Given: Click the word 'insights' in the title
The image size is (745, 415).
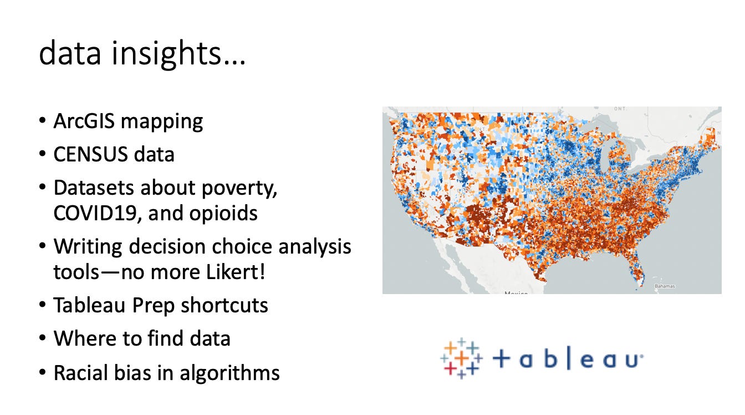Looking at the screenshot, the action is point(166,54).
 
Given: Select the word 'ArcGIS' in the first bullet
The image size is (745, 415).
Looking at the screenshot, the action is point(84,121).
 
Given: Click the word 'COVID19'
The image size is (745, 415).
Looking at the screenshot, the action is point(95,213).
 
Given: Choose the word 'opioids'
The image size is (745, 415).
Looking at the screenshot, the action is point(223,214).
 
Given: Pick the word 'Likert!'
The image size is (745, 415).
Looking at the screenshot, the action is point(236,272).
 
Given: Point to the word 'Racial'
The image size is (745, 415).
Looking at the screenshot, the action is point(80,372).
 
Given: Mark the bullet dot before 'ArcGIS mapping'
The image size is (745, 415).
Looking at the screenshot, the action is point(42,121).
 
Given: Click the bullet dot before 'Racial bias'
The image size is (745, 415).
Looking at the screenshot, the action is point(42,372).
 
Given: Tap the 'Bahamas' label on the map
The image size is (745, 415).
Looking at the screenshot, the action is point(665,286).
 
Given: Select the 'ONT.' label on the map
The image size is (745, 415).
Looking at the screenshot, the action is point(620,109).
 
